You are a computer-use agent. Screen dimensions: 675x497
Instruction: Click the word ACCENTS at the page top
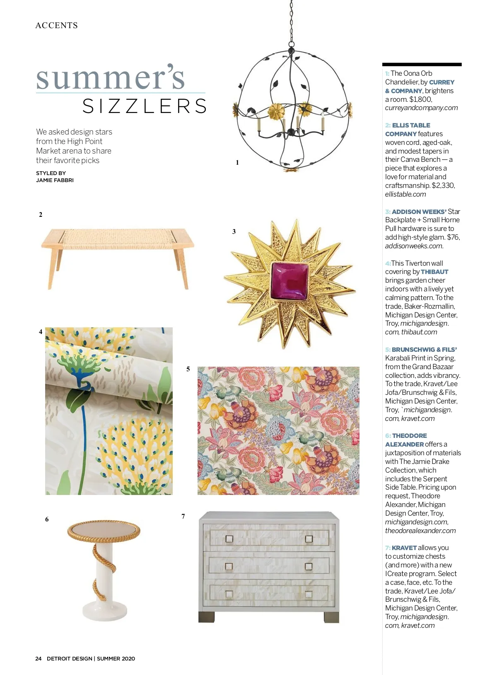click(x=57, y=25)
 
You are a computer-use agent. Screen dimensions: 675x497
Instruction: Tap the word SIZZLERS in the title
click(x=145, y=106)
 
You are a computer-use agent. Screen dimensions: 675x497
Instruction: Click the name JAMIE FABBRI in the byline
click(x=55, y=180)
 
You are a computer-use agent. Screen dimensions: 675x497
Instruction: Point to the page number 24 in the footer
click(x=39, y=658)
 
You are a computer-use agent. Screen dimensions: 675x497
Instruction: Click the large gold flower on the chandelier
click(x=275, y=110)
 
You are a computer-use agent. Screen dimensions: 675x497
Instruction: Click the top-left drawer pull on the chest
click(x=229, y=539)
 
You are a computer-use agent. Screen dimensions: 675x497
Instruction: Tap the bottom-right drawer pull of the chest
click(x=308, y=594)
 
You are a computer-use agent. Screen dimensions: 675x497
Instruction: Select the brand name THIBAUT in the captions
click(x=434, y=272)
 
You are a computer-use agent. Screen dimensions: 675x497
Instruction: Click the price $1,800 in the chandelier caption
click(x=420, y=99)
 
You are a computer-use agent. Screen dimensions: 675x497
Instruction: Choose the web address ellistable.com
click(x=405, y=194)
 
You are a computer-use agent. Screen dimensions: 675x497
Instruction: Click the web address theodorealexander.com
click(x=420, y=531)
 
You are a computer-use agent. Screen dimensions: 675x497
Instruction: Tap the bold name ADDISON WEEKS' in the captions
click(x=419, y=211)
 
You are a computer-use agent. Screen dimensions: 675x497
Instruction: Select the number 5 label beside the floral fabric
click(x=188, y=369)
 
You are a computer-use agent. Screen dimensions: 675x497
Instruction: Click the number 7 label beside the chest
click(x=183, y=516)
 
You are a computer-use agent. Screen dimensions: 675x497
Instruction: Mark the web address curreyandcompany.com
click(x=421, y=108)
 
